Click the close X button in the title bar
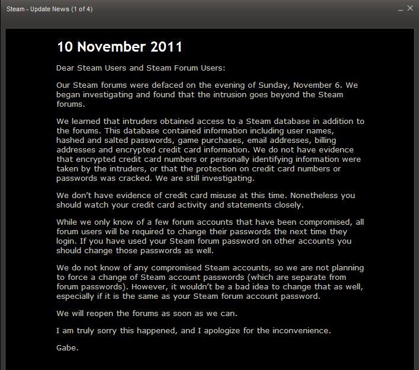click(x=410, y=8)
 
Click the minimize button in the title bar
click(x=399, y=8)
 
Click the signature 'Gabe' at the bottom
click(x=67, y=348)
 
